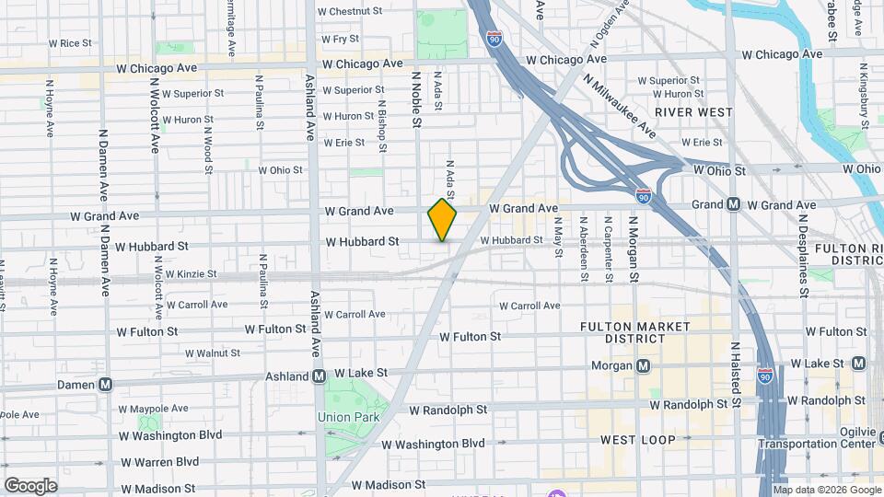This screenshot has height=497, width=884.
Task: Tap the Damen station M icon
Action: pos(106,385)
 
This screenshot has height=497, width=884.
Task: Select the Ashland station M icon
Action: pos(319,376)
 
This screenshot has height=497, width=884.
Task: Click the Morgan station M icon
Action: pos(644,365)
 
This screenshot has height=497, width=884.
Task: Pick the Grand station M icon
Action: pos(734,204)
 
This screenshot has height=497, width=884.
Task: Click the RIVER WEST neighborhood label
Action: pos(693,112)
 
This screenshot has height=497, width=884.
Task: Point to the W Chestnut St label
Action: pos(349,12)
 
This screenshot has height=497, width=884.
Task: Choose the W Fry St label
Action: pos(339,40)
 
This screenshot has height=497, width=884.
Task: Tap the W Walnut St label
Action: pos(212,353)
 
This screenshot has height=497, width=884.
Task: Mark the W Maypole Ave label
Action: pos(157,409)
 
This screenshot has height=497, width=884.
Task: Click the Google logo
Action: pos(30,485)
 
